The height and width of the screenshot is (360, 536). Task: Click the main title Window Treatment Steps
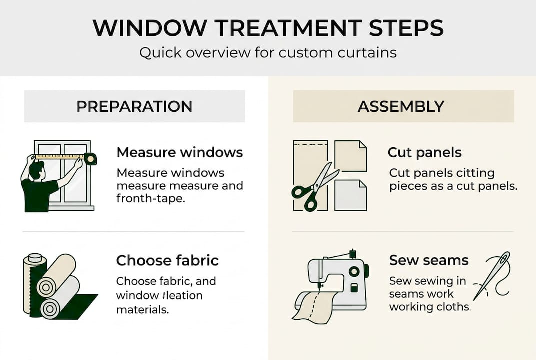[x=268, y=28]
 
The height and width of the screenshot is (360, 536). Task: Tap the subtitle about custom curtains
[x=268, y=53]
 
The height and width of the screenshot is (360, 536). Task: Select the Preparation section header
[x=134, y=106]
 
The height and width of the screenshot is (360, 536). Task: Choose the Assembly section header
[x=403, y=106]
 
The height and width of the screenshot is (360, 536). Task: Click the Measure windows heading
[x=179, y=152]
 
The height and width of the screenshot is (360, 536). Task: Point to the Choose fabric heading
[x=167, y=260]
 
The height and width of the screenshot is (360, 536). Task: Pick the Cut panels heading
[x=424, y=152]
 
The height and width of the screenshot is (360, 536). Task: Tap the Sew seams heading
[x=429, y=260]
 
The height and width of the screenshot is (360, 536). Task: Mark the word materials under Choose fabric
[x=142, y=309]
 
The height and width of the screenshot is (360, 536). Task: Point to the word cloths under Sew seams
[x=454, y=307]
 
